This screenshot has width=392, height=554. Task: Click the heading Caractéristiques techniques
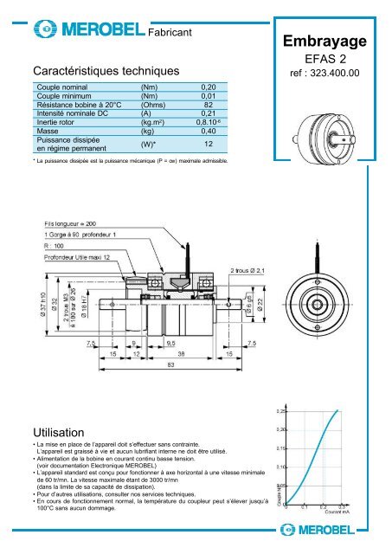(x=105, y=69)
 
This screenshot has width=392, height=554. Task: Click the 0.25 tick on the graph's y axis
(x=282, y=410)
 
